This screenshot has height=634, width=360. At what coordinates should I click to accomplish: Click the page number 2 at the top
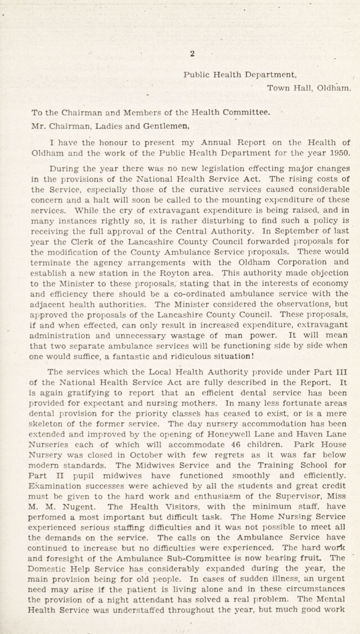pos(192,53)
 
